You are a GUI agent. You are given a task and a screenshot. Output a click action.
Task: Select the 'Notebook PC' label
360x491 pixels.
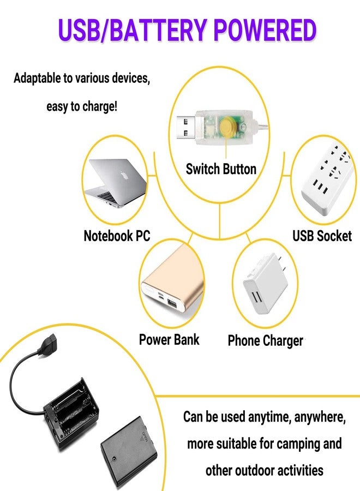click(117, 236)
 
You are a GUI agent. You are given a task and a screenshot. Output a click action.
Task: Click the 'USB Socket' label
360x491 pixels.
click(322, 236)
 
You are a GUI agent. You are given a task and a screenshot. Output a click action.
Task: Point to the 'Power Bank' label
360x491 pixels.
click(169, 340)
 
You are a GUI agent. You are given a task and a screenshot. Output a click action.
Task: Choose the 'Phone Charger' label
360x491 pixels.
click(266, 341)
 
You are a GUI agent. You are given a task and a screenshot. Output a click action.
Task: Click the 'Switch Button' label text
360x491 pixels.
click(221, 169)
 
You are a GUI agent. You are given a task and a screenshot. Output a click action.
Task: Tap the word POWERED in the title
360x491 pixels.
click(265, 30)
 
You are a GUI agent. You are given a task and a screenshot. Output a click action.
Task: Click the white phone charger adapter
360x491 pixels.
click(266, 283)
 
